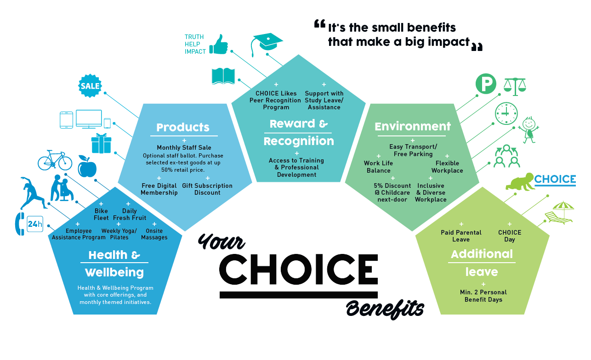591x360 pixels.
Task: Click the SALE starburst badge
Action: (90, 86)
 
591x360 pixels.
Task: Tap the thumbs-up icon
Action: (219, 45)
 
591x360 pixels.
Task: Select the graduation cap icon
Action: (266, 44)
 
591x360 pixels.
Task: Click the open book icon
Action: (223, 76)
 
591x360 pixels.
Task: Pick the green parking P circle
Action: (486, 84)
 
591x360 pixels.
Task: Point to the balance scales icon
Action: (515, 87)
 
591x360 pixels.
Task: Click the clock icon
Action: (506, 113)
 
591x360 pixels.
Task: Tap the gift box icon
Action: (101, 143)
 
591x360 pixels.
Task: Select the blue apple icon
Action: (87, 166)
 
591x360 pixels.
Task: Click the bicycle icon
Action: (55, 160)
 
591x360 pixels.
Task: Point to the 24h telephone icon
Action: (29, 224)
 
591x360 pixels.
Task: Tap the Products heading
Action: (183, 127)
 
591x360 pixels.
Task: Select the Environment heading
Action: (413, 126)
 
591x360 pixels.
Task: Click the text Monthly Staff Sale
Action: (184, 147)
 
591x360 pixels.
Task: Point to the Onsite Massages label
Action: (154, 234)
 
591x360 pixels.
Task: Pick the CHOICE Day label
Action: (510, 236)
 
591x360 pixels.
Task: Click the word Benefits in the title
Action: (385, 309)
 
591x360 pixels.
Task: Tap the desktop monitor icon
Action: (89, 119)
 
